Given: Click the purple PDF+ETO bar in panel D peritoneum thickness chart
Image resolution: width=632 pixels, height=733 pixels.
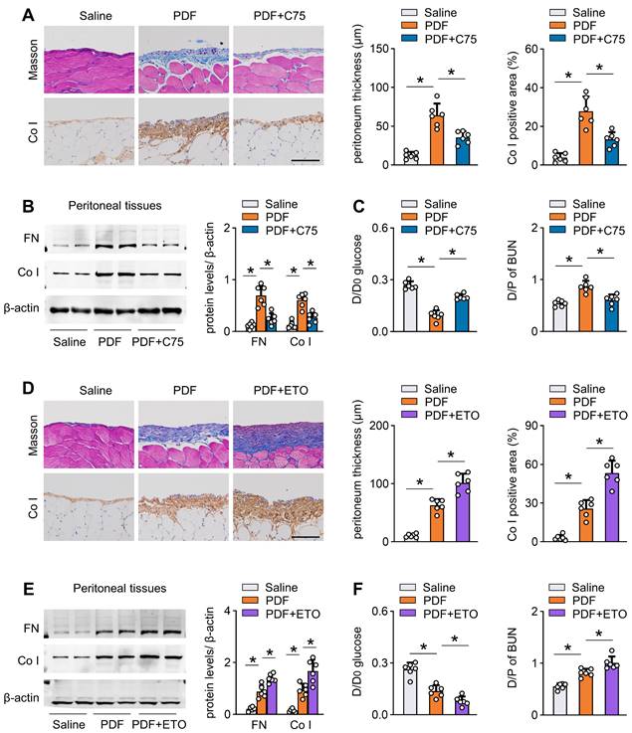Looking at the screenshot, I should point(462,512).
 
